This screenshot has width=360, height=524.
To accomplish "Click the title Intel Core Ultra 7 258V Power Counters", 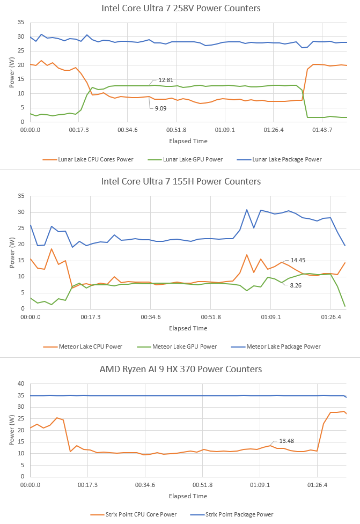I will click(x=181, y=8).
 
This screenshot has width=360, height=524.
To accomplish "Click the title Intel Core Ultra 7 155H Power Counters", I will click(x=181, y=181).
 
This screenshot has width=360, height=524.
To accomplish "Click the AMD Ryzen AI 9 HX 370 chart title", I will click(x=181, y=369).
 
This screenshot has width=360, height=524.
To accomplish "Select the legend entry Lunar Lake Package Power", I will click(x=285, y=159).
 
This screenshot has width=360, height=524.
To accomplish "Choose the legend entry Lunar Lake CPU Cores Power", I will click(x=89, y=159).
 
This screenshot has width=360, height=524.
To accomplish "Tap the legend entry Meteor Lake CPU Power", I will click(x=88, y=346).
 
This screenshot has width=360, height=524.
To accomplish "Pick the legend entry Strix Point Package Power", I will click(x=239, y=514).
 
